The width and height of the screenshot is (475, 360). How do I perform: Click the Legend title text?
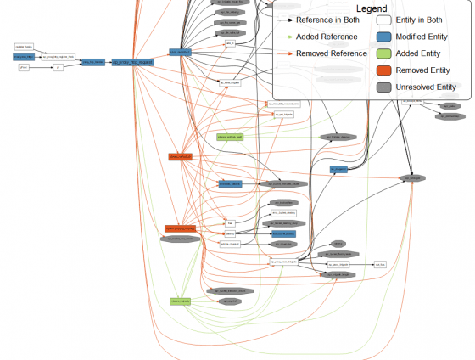pyautogui.click(x=373, y=8)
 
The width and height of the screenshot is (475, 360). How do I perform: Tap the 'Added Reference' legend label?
pyautogui.click(x=326, y=37)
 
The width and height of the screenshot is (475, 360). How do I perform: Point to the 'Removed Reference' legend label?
pyautogui.click(x=330, y=53)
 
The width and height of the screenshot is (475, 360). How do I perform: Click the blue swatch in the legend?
pyautogui.click(x=385, y=37)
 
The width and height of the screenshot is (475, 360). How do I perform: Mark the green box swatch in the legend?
pyautogui.click(x=385, y=53)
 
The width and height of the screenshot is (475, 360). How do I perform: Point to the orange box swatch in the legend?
pyautogui.click(x=385, y=70)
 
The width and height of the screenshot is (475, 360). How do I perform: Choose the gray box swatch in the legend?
pyautogui.click(x=385, y=87)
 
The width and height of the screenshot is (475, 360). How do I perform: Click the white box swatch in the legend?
pyautogui.click(x=385, y=20)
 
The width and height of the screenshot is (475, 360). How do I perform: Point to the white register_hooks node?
pyautogui.click(x=25, y=47)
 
